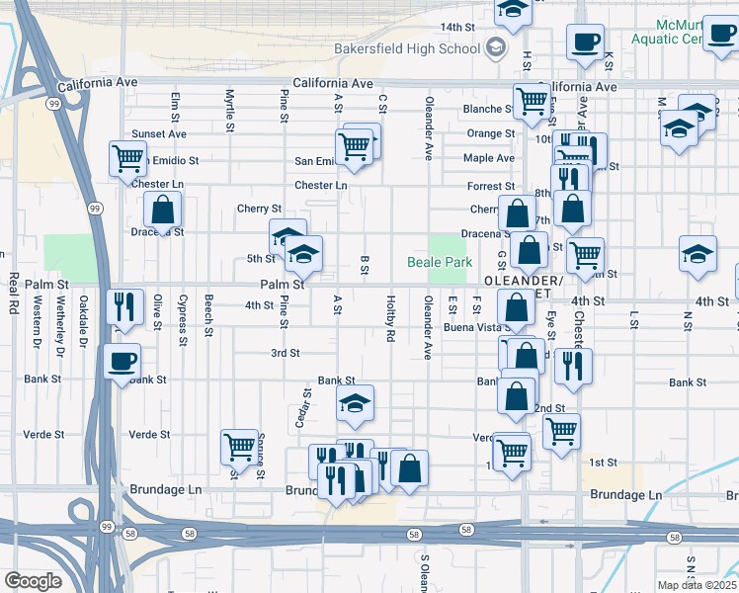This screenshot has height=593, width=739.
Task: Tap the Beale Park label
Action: (x=440, y=263)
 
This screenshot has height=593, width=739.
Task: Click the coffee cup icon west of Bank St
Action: (x=123, y=361)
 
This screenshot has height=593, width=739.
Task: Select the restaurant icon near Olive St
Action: (x=125, y=306)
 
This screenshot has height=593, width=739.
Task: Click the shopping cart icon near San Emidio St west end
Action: (x=128, y=158)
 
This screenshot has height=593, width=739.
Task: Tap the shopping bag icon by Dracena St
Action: (x=163, y=210)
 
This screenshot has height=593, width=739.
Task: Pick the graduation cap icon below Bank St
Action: (x=355, y=402)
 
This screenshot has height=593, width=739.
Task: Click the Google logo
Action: (x=33, y=580)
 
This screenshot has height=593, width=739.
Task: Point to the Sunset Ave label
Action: (x=160, y=133)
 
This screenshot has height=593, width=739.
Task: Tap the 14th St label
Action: (x=457, y=27)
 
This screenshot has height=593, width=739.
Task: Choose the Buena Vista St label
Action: (x=473, y=326)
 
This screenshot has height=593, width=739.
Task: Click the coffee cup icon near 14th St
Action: (x=585, y=42)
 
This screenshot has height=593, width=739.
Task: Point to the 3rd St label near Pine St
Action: (x=286, y=353)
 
